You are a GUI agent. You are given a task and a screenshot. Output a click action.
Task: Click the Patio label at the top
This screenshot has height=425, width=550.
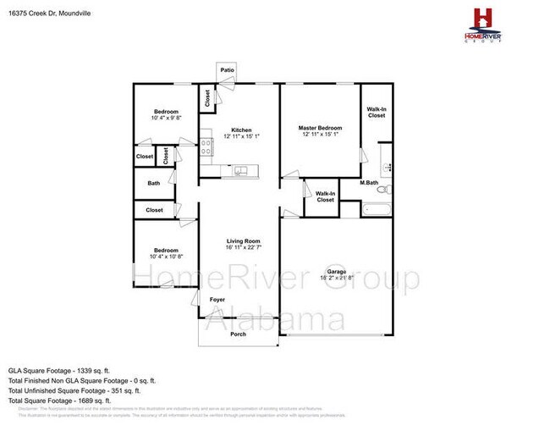[227, 70]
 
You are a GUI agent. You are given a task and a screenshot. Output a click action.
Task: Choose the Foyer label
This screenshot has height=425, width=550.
[217, 300]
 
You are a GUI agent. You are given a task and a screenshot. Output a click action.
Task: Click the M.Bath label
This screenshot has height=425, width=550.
[368, 182]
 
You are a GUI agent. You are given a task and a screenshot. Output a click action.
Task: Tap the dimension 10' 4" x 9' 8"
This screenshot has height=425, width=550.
[166, 118]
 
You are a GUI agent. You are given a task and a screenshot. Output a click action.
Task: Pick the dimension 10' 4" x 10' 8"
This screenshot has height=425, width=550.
[166, 256]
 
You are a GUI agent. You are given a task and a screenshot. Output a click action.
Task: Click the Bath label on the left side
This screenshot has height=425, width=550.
[153, 183]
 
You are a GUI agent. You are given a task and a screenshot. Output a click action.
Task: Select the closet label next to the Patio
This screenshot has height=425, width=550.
[207, 98]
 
